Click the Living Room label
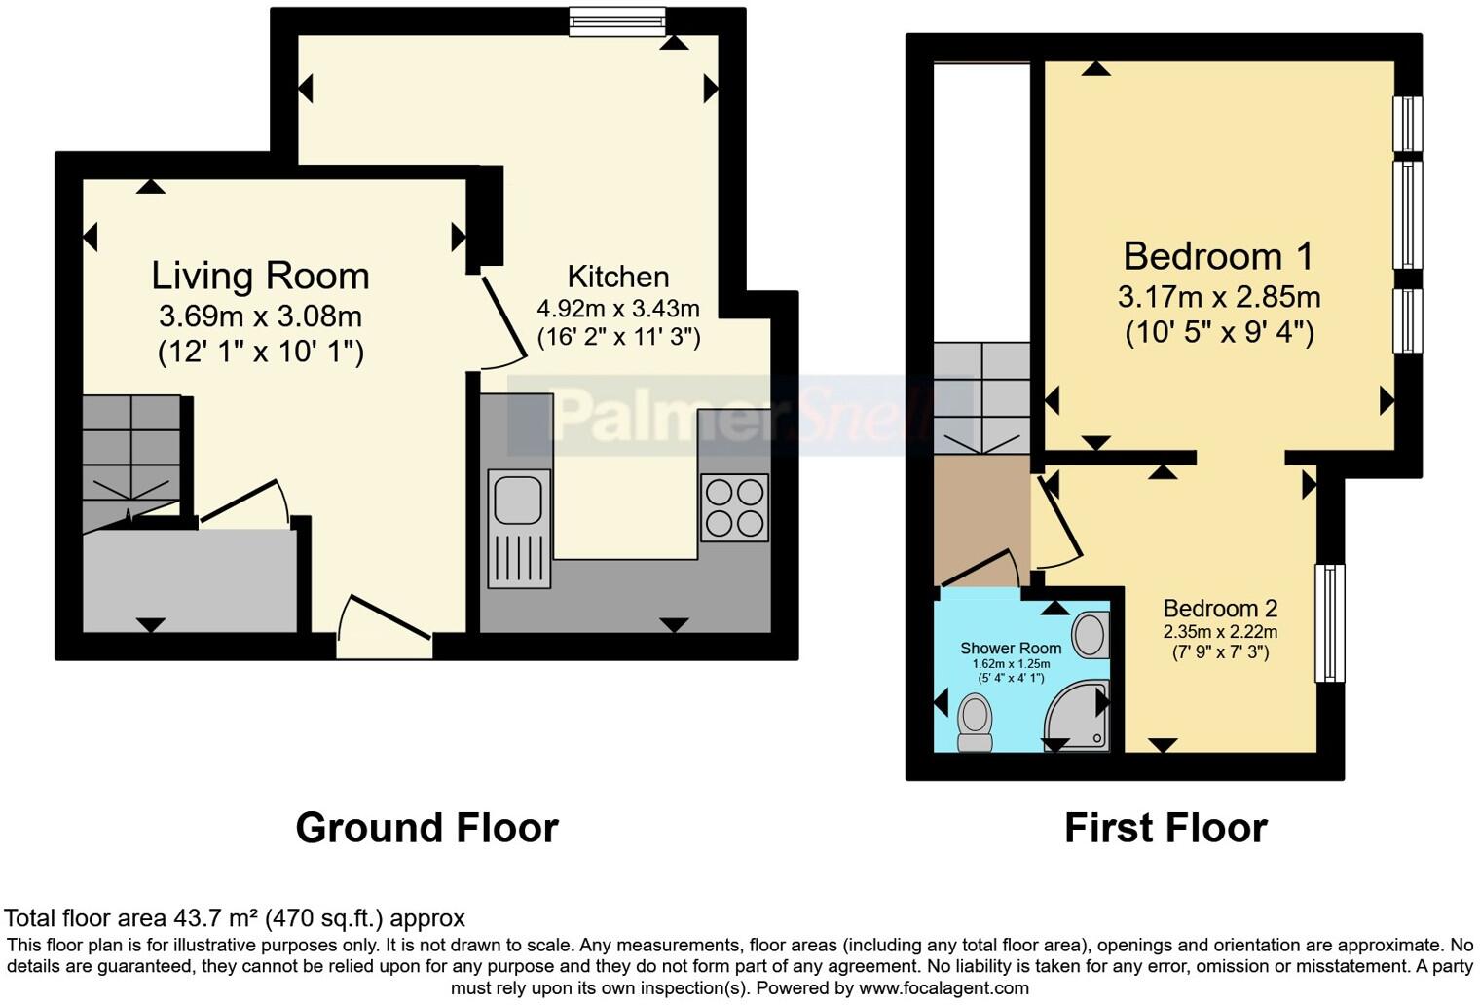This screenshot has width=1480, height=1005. [260, 276]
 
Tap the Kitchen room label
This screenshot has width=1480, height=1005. [618, 277]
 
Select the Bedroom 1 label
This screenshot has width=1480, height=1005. [1218, 256]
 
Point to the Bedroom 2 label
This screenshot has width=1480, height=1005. [1220, 609]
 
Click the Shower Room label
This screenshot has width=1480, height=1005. [1011, 649]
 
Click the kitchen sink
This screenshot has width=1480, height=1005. [518, 529]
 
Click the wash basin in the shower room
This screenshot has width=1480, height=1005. [1091, 634]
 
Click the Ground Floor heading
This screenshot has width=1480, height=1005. [426, 828]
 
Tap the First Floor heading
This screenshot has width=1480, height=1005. [1165, 828]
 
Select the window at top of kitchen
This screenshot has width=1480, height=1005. [617, 21]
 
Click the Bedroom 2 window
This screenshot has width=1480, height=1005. [1329, 623]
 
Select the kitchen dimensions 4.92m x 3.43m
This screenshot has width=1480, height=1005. [618, 309]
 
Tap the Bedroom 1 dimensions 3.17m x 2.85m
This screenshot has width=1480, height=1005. [1219, 296]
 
